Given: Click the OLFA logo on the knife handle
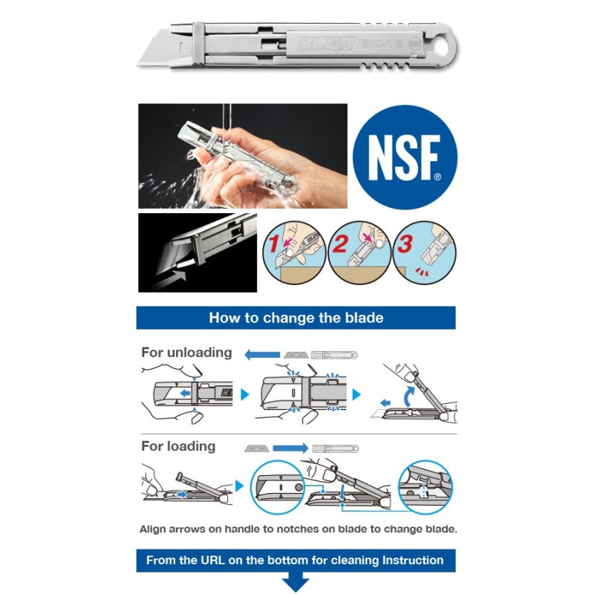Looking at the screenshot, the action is point(327,44).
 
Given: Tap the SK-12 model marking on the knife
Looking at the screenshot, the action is point(382,43).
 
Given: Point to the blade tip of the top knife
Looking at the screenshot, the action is point(139,65).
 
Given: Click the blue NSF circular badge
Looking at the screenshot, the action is point(405,157).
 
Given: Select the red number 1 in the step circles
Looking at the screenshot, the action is point(274,244).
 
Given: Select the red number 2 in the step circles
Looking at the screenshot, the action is point(339,244).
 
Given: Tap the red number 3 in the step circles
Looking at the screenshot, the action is point(405,244).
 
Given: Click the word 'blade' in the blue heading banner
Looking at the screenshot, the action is point(364,318).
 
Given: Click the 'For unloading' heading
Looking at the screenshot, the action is point(186,353).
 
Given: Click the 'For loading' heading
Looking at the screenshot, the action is point(178,446).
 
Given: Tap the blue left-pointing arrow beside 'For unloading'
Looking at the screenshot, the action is point(262,355).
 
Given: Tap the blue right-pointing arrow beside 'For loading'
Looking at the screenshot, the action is point(290,448).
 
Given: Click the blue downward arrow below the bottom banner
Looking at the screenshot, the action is point(296,584).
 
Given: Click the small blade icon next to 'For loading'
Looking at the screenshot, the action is point(256,448).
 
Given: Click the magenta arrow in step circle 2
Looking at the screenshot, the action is point(367,238).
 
